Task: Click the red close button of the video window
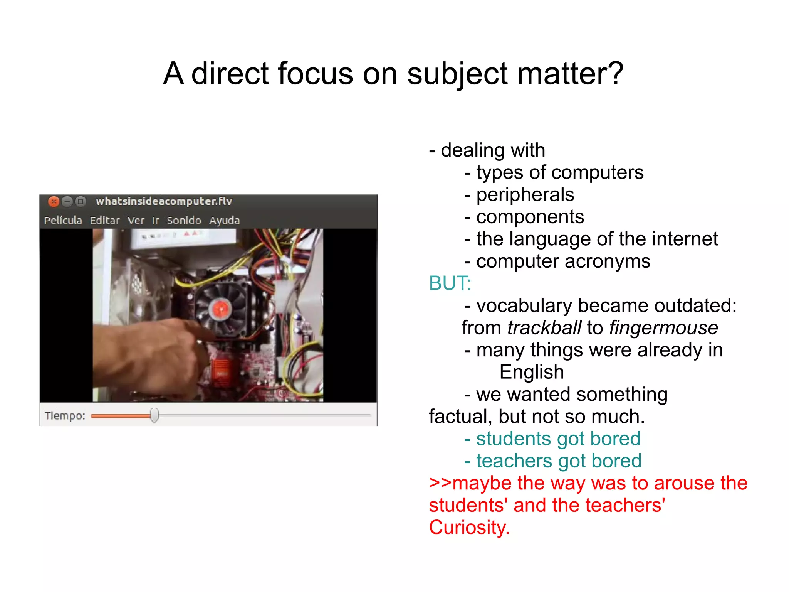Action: [x=54, y=201]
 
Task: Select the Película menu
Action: [x=63, y=221]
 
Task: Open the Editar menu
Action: [x=105, y=221]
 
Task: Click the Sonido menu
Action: [x=184, y=221]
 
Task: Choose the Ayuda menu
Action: [x=224, y=221]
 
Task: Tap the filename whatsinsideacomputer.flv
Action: [x=164, y=201]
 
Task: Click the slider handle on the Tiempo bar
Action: [x=154, y=415]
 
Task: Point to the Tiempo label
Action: [x=65, y=416]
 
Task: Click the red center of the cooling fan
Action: [x=221, y=309]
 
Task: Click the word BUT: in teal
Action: [x=450, y=283]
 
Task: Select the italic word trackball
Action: [x=544, y=328]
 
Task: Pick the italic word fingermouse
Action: [x=663, y=328]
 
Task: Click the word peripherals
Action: [x=525, y=195]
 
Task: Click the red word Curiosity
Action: [x=469, y=528]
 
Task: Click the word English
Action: [x=532, y=372]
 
